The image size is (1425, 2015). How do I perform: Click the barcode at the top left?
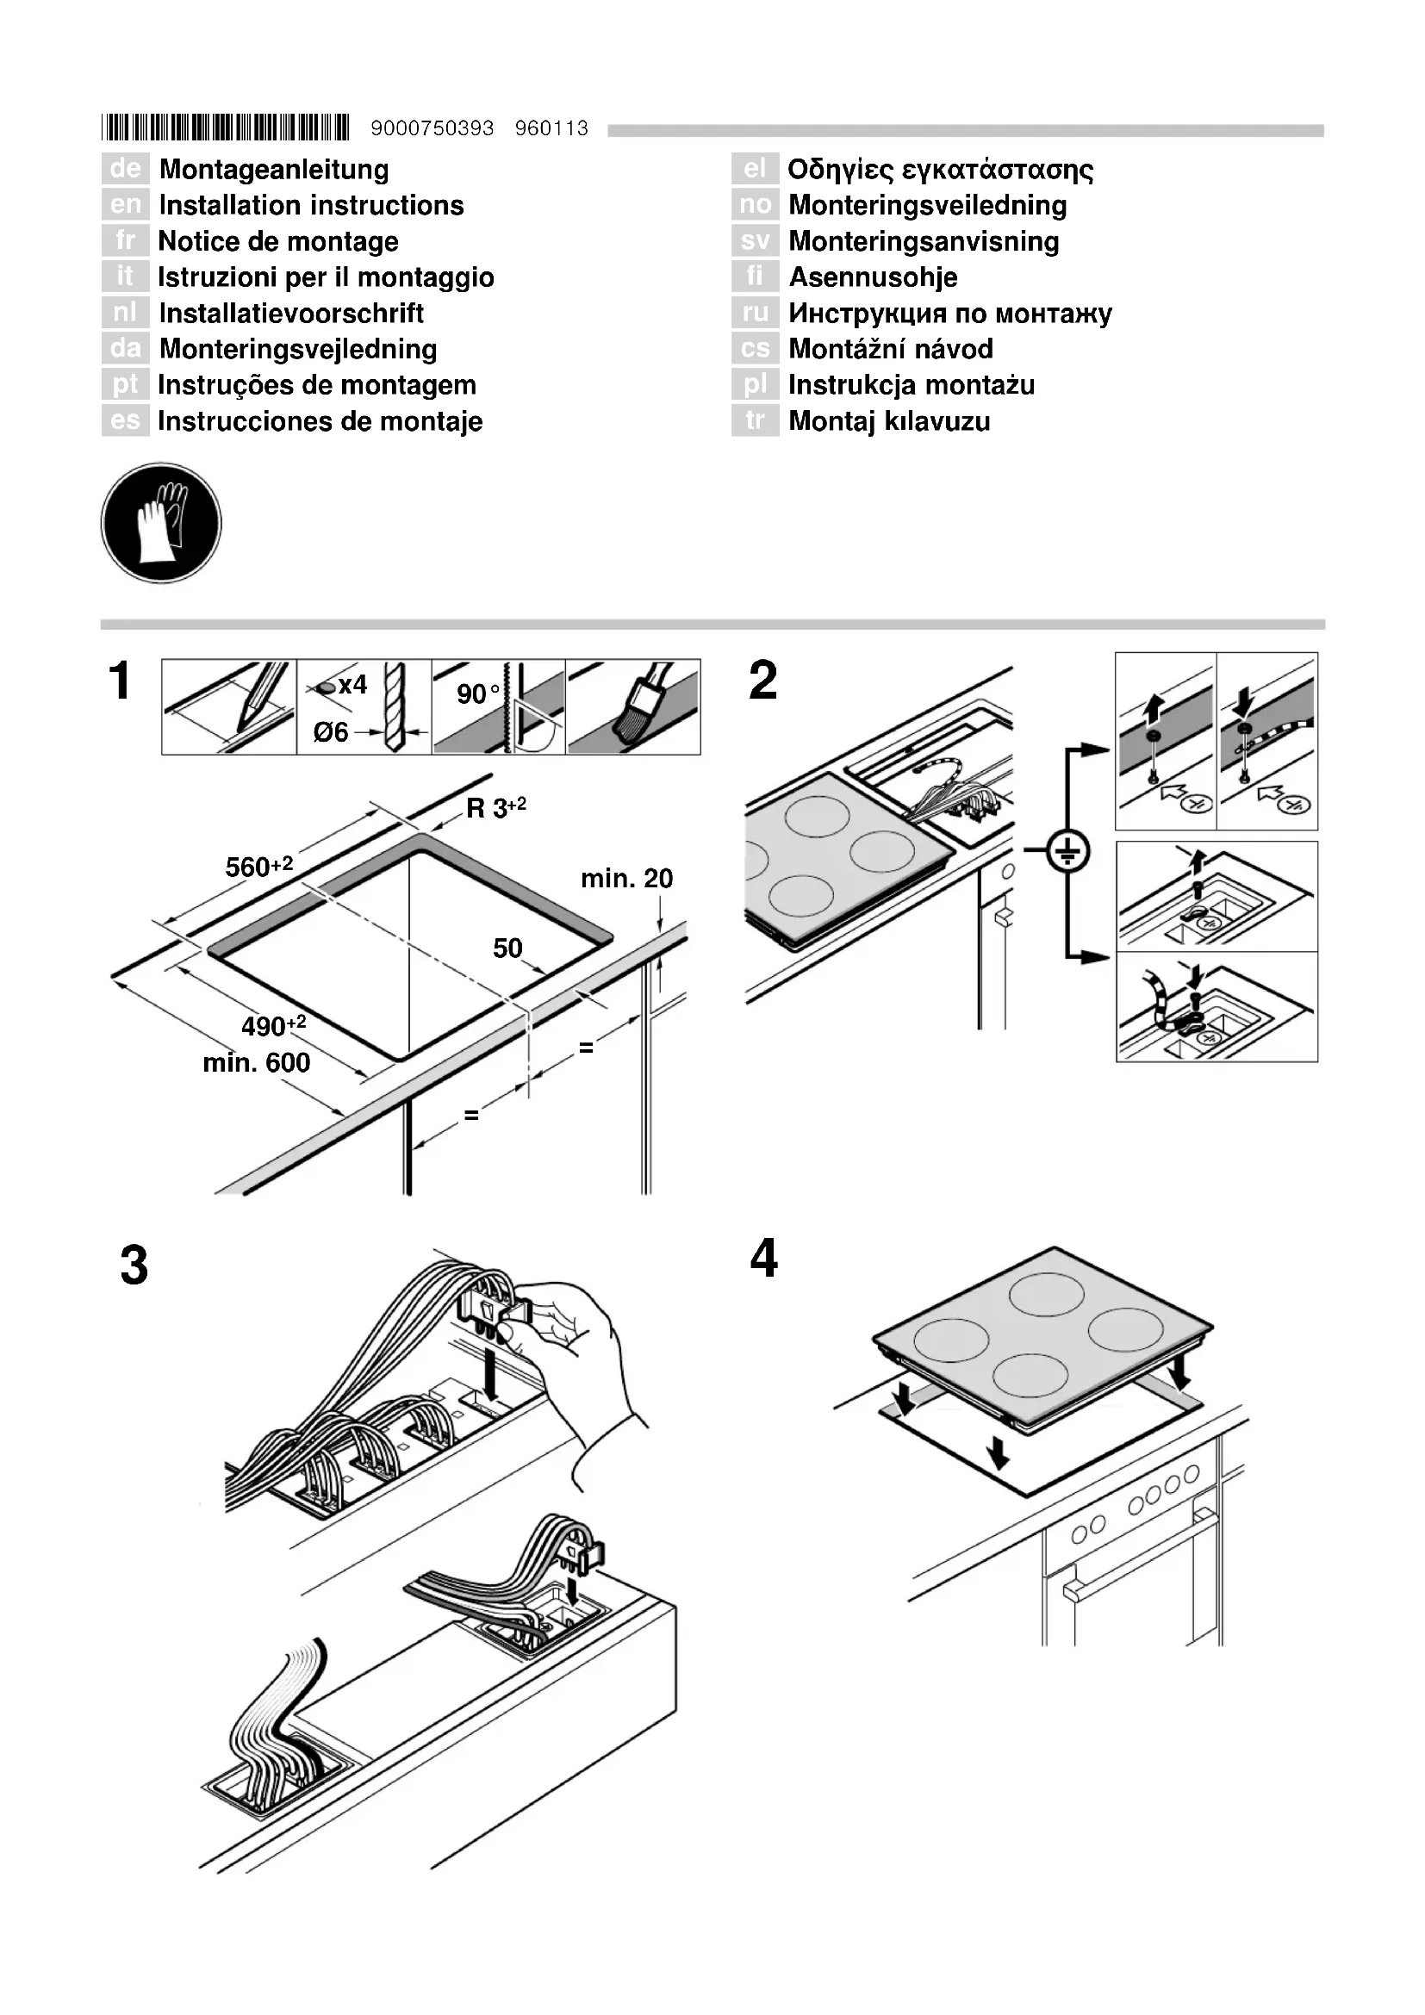coord(225,128)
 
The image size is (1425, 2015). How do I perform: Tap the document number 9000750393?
coord(432,129)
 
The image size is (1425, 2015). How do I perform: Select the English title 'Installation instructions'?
coord(312,205)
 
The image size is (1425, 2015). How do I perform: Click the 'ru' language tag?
coord(755,313)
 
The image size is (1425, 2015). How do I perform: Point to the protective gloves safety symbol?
coord(161,523)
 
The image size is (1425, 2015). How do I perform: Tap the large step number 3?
coord(134,1266)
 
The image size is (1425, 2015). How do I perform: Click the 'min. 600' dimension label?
coord(256,1063)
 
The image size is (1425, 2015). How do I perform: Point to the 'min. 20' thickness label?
coord(626,879)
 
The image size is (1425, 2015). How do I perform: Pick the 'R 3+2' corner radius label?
coord(495,807)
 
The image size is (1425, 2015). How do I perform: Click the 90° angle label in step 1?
coord(477,693)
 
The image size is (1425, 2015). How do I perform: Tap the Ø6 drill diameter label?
coord(331,732)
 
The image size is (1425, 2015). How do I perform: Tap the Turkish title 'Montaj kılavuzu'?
coord(889,421)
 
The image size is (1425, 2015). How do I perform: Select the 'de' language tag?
coord(126,169)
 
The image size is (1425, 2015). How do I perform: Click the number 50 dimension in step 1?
coord(507,948)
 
